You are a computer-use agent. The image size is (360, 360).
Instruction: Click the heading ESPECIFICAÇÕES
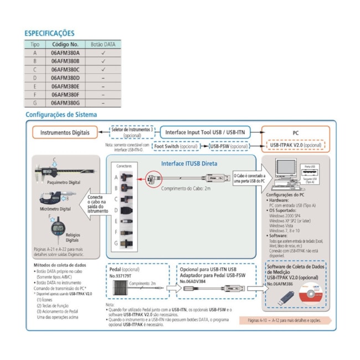[x=49, y=33]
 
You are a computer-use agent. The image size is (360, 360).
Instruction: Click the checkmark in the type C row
[x=103, y=69]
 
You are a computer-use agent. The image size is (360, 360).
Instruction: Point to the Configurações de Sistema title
[x=61, y=115]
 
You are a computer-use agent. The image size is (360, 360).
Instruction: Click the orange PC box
[x=295, y=132]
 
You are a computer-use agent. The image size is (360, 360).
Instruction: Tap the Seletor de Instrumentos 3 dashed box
[x=132, y=132]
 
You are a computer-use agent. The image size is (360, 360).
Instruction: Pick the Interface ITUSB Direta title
[x=189, y=163]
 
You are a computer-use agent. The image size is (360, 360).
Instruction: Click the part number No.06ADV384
[x=194, y=281]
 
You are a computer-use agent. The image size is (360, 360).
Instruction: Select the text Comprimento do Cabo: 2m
[x=185, y=189]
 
